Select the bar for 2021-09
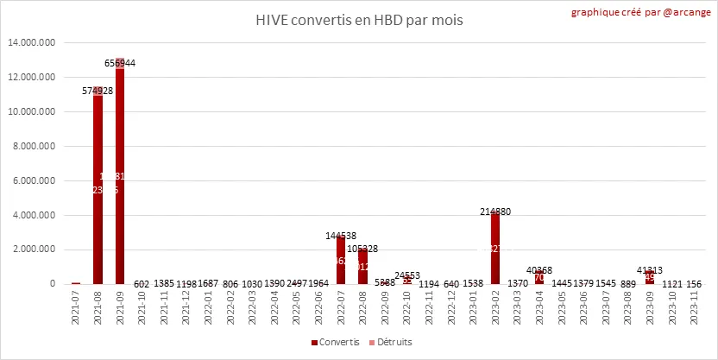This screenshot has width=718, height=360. pos(120,173)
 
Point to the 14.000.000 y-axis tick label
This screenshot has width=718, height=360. pos(31,42)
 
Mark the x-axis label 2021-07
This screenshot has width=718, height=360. pos(76,306)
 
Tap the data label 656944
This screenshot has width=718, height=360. pos(120,63)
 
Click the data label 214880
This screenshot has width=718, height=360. pos(495,211)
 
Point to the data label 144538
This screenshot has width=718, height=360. pos(341,235)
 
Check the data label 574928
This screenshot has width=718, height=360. pos(98,90)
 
